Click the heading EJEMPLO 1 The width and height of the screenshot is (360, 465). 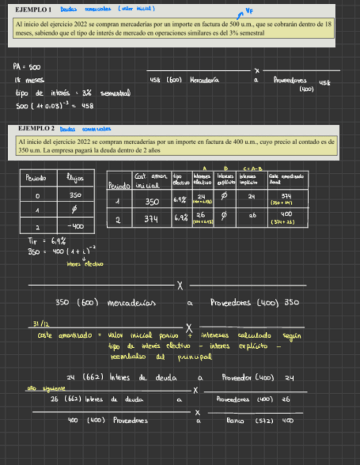tap(33, 10)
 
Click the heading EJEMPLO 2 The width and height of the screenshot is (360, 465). tap(36, 128)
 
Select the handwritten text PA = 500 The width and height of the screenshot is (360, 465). tap(26, 67)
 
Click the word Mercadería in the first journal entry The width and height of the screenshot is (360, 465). tap(204, 80)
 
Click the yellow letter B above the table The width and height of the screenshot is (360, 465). tap(226, 168)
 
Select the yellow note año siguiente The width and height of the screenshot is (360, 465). tap(42, 389)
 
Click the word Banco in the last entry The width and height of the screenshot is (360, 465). tap(235, 421)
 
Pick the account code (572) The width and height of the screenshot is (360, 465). tap(264, 421)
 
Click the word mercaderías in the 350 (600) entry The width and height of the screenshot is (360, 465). tap(132, 303)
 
